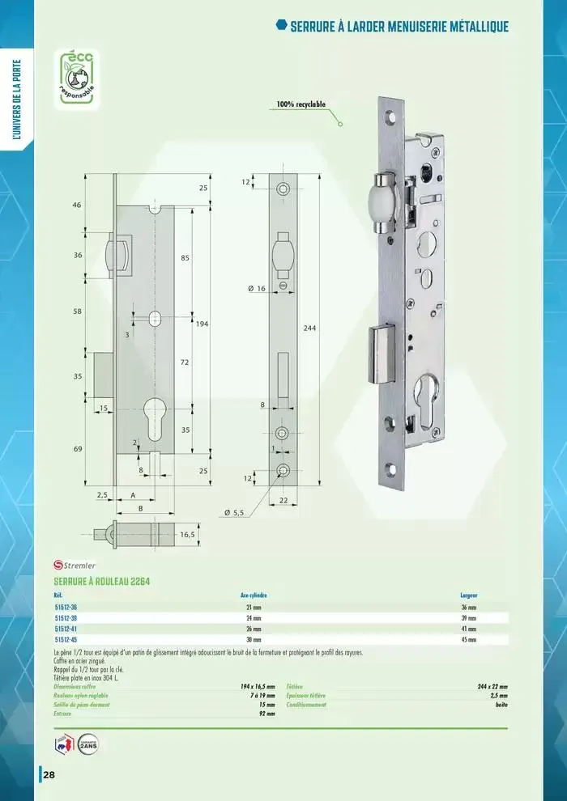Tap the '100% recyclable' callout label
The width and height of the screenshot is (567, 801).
[301, 104]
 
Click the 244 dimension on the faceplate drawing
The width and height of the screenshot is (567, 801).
[309, 328]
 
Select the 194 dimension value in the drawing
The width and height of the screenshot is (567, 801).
[202, 323]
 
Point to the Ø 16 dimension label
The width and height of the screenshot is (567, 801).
[257, 288]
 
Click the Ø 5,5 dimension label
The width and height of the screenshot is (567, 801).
[234, 512]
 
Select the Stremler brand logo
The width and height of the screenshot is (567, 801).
[75, 565]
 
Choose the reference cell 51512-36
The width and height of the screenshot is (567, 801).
[66, 607]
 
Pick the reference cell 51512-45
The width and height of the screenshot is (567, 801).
[66, 638]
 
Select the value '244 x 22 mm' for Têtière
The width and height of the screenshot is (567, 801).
[492, 686]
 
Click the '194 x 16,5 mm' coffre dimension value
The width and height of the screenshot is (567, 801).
[258, 686]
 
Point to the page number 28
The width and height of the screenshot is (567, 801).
[49, 775]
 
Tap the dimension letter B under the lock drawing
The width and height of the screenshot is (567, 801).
[140, 509]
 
